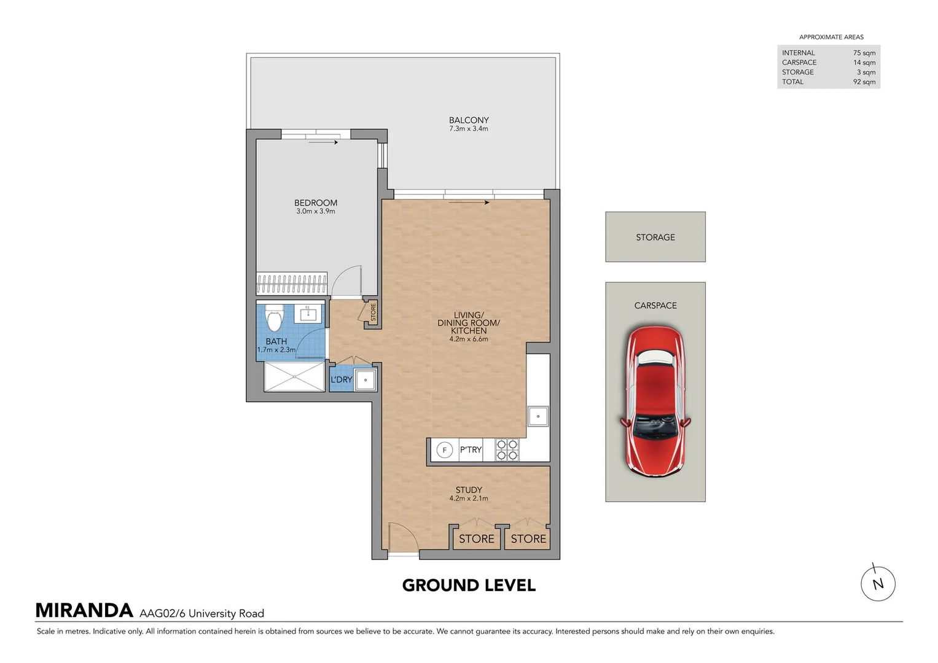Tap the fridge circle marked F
pos(444,450)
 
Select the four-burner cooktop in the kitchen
pos(507,450)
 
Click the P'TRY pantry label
pos(471,449)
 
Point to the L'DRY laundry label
pos(342,379)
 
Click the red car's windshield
pos(655,426)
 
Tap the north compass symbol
pos(878,583)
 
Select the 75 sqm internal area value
pos(864,53)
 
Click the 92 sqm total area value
pos(864,82)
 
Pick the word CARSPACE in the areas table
pos(799,63)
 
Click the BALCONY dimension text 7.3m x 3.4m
pos(469,129)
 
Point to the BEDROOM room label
pos(316,203)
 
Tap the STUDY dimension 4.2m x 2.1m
pos(469,498)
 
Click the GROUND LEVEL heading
pos(469,586)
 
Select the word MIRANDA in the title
pos(84,611)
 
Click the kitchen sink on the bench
pos(538,416)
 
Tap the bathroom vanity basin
pos(308,313)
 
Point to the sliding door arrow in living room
pos(469,203)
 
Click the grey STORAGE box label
pos(655,238)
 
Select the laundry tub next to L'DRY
pos(365,380)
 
